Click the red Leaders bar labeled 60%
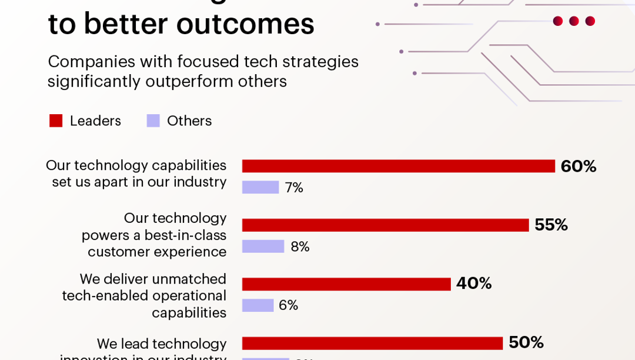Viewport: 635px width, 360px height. coord(398,166)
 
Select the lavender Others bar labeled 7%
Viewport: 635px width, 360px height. coord(260,187)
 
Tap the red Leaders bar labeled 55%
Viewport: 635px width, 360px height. coord(385,225)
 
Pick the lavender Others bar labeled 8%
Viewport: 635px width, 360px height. coord(263,246)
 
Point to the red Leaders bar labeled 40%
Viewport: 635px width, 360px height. coord(346,284)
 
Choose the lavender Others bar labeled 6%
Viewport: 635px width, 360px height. coord(258,305)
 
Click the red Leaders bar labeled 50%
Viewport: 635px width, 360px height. coord(372,343)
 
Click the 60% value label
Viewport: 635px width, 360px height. coord(578,166)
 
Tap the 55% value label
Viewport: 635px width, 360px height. coord(551,225)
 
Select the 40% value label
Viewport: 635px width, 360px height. coord(473,284)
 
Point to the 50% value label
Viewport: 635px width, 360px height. coord(526,342)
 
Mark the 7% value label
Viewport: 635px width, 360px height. coord(294,188)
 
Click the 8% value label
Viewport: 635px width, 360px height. coord(300,246)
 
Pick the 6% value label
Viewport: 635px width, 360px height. coord(288,305)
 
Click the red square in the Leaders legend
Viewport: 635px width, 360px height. coord(56,121)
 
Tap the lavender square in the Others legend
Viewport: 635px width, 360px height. coord(153,121)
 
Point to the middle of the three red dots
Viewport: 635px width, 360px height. coord(574,21)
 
